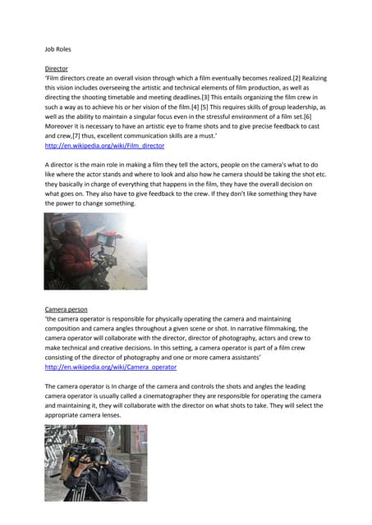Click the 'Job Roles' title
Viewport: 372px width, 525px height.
click(57, 49)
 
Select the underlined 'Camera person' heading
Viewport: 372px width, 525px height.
click(66, 309)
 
